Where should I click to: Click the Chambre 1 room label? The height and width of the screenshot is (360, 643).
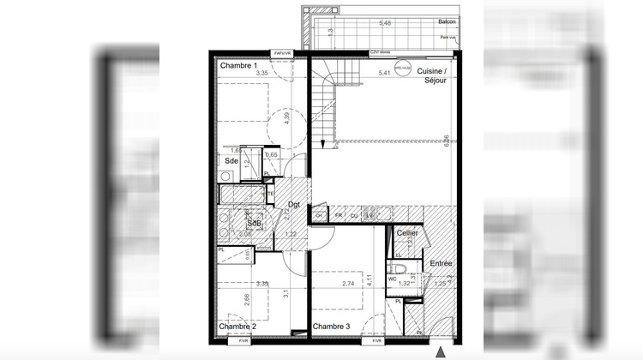click(x=238, y=66)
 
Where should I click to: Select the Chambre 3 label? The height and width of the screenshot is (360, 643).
click(x=332, y=327)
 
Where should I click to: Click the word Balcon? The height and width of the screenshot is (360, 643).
click(x=446, y=23)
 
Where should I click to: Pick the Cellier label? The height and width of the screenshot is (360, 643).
click(x=407, y=233)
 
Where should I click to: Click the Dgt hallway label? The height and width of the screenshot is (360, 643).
click(x=294, y=204)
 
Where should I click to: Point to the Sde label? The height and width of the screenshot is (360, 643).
click(x=231, y=160)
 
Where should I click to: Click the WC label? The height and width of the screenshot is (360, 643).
click(x=392, y=279)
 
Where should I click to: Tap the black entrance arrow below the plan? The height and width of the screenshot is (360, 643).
click(x=442, y=351)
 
